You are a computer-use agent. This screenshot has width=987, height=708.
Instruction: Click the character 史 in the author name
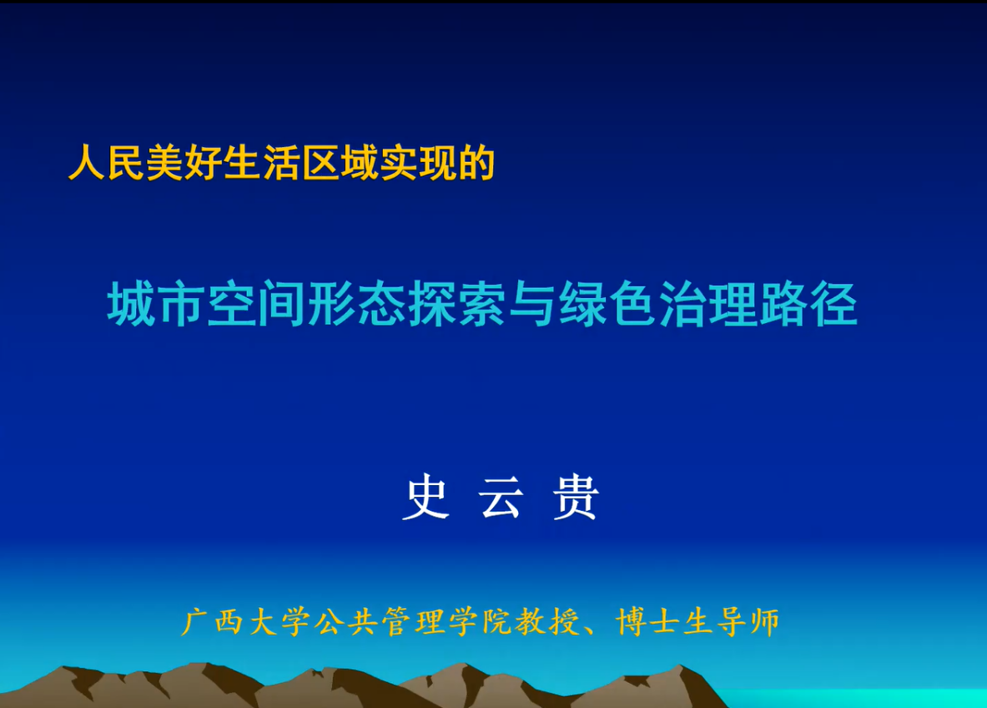click(426, 497)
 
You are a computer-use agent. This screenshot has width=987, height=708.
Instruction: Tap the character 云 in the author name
click(501, 497)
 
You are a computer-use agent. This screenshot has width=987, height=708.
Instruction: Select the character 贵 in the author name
click(576, 497)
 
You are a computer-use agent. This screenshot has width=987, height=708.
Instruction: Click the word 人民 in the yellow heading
click(107, 163)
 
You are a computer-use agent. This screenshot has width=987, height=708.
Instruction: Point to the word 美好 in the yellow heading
click(184, 163)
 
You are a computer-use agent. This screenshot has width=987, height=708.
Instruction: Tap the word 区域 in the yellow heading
click(340, 163)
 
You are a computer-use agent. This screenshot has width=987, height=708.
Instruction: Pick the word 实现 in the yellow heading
click(419, 163)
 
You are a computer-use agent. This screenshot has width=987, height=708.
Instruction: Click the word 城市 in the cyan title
click(157, 304)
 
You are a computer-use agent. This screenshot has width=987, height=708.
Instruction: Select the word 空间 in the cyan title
click(257, 304)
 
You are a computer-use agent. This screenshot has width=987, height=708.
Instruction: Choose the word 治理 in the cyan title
click(708, 304)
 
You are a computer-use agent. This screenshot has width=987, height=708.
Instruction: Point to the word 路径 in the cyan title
click(808, 304)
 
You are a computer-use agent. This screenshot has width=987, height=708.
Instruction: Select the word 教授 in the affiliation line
click(547, 622)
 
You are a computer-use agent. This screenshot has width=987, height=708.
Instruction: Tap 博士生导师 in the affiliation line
click(698, 622)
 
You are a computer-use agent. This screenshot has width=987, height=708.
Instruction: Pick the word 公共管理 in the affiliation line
click(379, 622)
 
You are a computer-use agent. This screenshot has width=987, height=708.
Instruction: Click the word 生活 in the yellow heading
click(263, 163)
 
